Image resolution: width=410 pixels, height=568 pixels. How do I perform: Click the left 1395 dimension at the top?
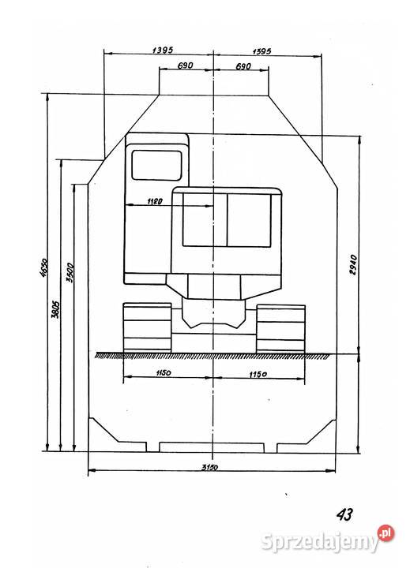[x=163, y=50]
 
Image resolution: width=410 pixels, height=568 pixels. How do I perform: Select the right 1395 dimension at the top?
[x=261, y=51]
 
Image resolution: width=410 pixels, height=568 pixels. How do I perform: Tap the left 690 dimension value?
[x=185, y=65]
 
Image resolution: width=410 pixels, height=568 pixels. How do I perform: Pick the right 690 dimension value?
[x=243, y=66]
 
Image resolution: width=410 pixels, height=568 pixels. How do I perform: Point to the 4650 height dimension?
[x=43, y=268]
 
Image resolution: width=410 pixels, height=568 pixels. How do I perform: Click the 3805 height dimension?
[x=55, y=309]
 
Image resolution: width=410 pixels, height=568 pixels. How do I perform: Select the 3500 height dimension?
[x=70, y=272]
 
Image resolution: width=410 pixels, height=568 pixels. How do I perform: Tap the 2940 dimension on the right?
[x=353, y=265]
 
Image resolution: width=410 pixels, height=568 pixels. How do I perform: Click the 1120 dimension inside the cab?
[x=155, y=201]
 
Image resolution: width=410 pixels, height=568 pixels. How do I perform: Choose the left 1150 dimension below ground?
[x=164, y=372]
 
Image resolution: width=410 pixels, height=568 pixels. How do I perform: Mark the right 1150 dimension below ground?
[x=258, y=374]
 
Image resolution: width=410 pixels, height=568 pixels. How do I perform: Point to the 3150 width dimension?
[x=209, y=467]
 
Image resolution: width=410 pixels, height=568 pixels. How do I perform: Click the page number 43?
[x=344, y=514]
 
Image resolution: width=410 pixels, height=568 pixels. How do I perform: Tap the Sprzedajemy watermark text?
[x=319, y=542]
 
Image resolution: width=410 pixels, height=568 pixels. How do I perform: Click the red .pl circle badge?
[x=386, y=533]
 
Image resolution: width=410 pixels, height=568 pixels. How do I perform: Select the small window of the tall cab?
[x=156, y=165]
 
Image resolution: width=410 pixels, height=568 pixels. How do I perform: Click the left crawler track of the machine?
[x=147, y=327]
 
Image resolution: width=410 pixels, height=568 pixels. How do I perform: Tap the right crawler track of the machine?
[x=280, y=329]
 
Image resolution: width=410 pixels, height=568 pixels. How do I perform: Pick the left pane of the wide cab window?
[x=205, y=219]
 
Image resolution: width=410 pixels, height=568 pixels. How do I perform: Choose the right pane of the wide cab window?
[x=250, y=220]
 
